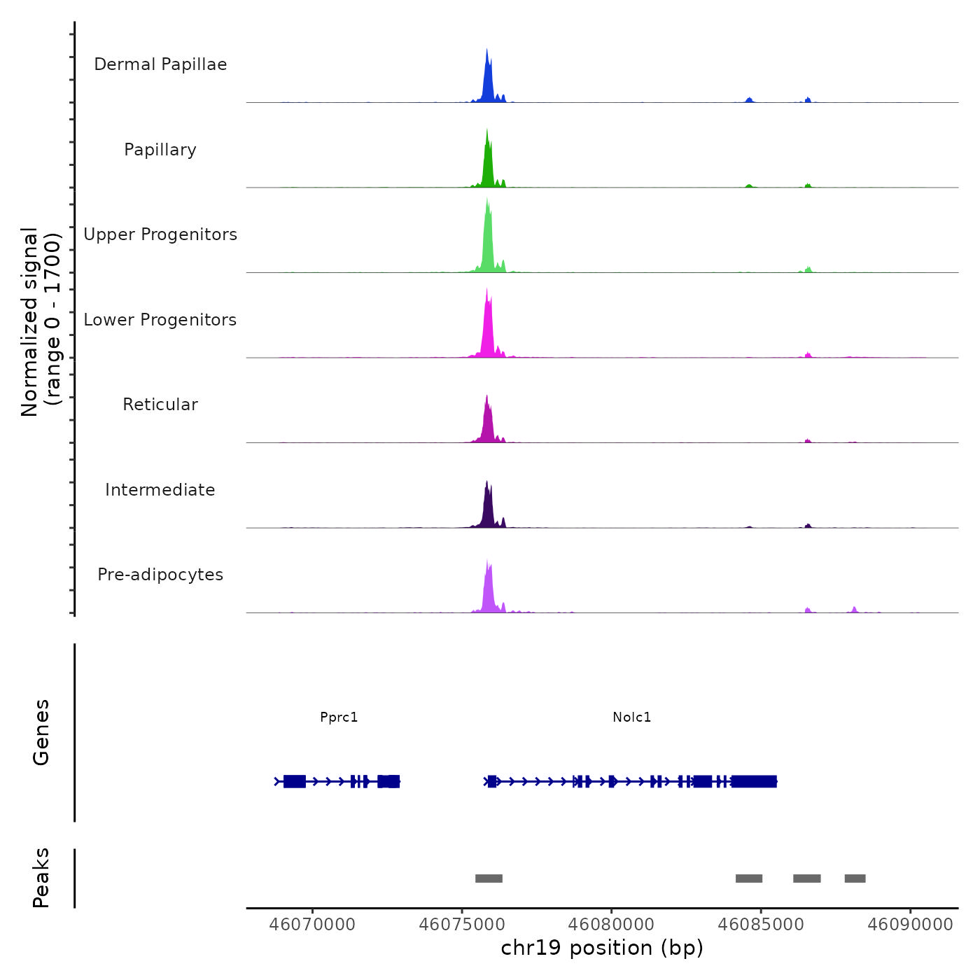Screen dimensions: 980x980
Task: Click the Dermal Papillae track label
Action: (x=160, y=64)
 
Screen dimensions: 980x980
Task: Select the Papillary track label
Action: (x=160, y=150)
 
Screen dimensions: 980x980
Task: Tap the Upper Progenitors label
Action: (x=160, y=234)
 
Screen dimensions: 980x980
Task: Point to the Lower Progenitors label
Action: (x=160, y=320)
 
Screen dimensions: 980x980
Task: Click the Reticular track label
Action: (x=160, y=405)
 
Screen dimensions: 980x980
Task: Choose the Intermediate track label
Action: (x=160, y=490)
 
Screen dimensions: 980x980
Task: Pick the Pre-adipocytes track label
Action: (x=160, y=575)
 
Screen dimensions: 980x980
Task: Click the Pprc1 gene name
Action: (x=339, y=717)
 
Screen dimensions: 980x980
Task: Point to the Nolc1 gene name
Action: (x=632, y=717)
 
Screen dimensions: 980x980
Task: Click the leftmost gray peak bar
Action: (x=489, y=878)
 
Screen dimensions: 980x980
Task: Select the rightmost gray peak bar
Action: (x=855, y=878)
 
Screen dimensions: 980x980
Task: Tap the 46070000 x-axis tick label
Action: (x=312, y=925)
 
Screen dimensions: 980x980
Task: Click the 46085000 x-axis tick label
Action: (x=761, y=925)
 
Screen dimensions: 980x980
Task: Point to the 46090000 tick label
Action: (x=910, y=925)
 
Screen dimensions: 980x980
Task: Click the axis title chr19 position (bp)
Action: (x=602, y=948)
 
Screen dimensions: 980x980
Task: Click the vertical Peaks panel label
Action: (x=41, y=878)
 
